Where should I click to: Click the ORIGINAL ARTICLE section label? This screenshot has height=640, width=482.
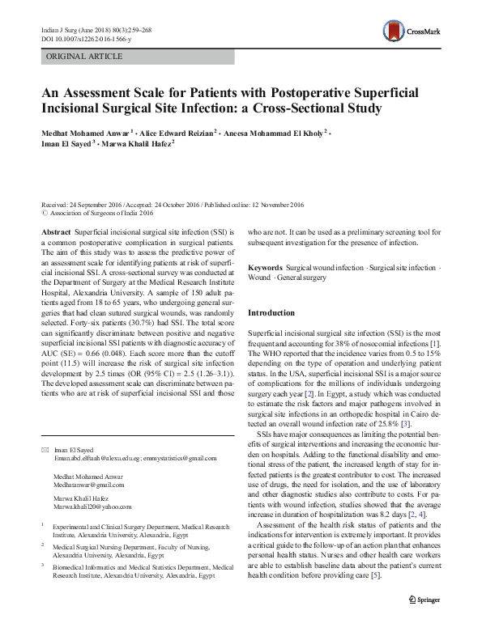click(x=84, y=56)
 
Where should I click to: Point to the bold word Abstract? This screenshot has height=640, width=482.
click(x=54, y=231)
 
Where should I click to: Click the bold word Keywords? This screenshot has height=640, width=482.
click(x=264, y=267)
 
